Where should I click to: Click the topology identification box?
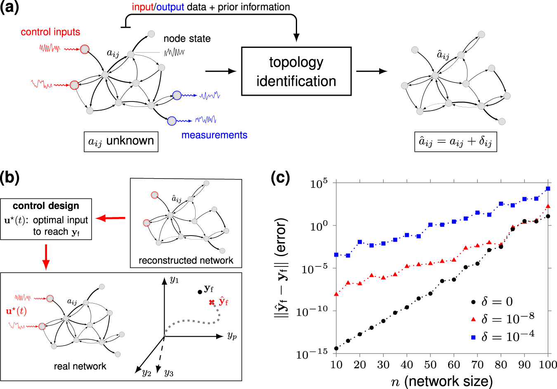[x=296, y=71]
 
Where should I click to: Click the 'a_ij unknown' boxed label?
[x=121, y=141]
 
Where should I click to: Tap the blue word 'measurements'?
[x=214, y=135]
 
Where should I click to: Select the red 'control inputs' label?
[x=50, y=32]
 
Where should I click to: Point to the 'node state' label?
[x=187, y=39]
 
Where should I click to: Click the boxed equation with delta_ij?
[x=456, y=142]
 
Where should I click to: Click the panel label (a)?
[x=9, y=8]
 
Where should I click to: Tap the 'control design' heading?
[x=46, y=206]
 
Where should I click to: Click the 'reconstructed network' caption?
[x=186, y=260]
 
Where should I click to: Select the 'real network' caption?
[x=80, y=366]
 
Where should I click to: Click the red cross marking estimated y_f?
[x=212, y=302]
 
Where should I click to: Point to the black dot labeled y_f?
[x=200, y=292]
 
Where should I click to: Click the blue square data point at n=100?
[x=548, y=189]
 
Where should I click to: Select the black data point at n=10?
[x=336, y=349]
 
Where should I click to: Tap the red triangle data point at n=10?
[x=336, y=294]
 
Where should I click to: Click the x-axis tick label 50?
[x=430, y=365]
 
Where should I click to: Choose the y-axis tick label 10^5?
[x=319, y=183]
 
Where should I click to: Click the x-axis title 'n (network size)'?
[x=442, y=381]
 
